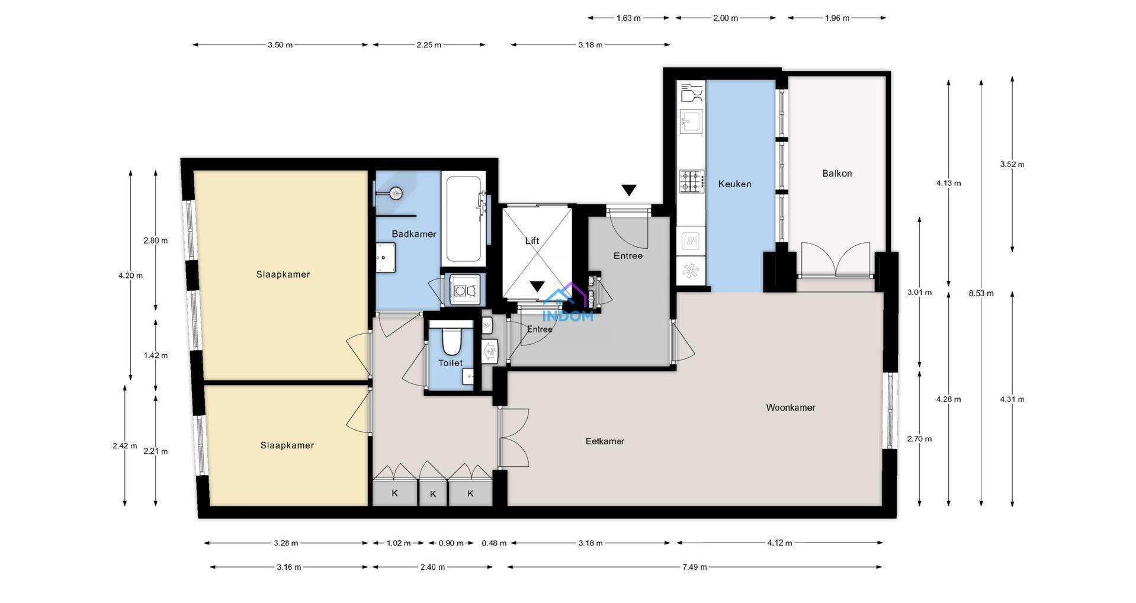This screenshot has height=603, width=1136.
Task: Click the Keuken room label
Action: pos(734,184)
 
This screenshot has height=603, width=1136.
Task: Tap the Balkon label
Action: pos(837,174)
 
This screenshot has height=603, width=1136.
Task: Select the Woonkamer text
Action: pos(791,408)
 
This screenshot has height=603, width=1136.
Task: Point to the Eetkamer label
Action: pos(605,441)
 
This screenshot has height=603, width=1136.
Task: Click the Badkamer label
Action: pos(414,234)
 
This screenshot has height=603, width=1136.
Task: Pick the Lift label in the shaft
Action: pos(532,240)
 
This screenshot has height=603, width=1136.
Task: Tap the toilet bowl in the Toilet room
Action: pos(451,340)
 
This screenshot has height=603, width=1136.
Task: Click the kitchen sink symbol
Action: pos(691,122)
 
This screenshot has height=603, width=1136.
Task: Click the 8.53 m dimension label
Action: pos(981,293)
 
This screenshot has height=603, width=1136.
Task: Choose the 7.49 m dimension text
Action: pos(694,567)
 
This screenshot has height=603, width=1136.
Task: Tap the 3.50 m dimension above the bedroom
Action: pos(280,45)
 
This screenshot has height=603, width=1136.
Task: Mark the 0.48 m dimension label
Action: pos(494,543)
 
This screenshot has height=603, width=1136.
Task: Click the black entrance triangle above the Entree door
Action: pos(628,190)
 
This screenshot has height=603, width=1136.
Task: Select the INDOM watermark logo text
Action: pos(567,316)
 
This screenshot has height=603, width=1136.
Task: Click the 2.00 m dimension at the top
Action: pos(726,18)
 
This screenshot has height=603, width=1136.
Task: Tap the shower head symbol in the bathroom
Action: pos(395,192)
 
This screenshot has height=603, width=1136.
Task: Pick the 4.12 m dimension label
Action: pos(779,543)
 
